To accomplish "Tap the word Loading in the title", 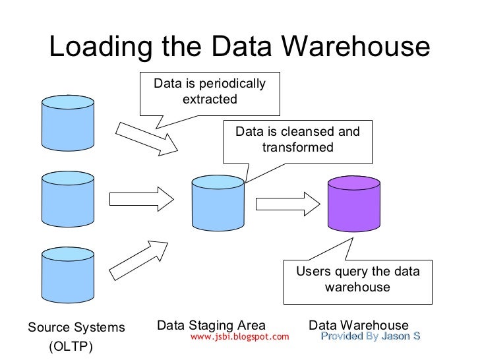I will tap(96, 48).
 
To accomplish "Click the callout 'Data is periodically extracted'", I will tap(209, 92).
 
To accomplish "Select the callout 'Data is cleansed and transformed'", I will tap(298, 140).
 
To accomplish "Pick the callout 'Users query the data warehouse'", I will tap(357, 280).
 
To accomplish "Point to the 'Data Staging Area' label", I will tap(211, 325).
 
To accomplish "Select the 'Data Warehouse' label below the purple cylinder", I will tap(359, 325).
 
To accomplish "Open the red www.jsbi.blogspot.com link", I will tap(239, 337).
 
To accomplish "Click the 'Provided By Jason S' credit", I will tap(370, 337).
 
